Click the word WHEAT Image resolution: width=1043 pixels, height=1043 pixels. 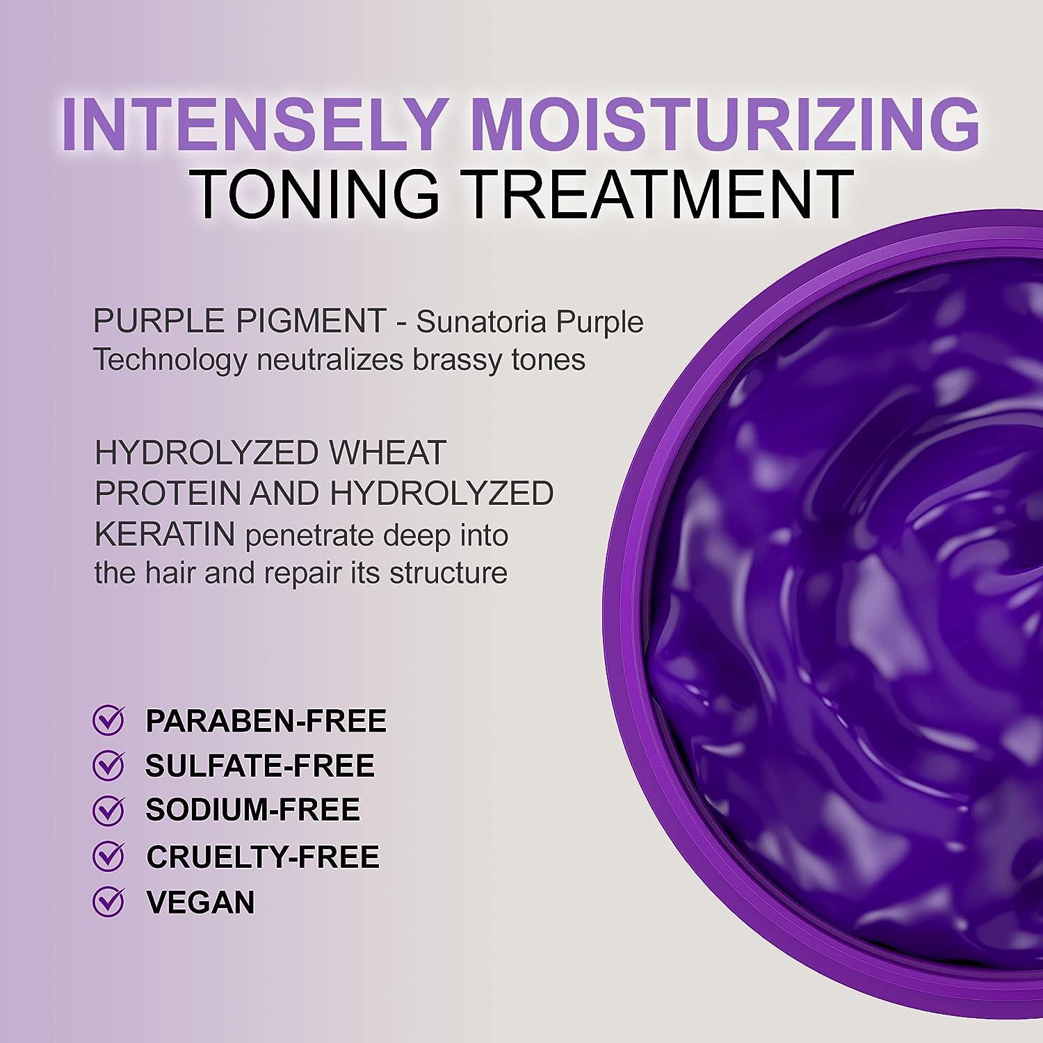[x=387, y=453]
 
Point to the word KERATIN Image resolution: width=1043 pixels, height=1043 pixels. [x=164, y=535]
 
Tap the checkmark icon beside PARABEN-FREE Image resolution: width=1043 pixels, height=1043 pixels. [x=108, y=721]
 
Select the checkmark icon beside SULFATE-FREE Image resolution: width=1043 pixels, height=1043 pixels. [x=108, y=766]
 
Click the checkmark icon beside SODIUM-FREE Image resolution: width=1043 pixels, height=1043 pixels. [x=108, y=811]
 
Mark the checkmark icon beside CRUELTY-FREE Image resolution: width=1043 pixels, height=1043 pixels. [x=108, y=856]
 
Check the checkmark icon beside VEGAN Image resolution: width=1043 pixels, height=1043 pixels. [x=108, y=902]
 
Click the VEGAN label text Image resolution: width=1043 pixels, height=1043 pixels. [x=200, y=902]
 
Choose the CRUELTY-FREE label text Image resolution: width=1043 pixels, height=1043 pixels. [x=263, y=856]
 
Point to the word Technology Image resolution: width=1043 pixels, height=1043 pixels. [x=170, y=360]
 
